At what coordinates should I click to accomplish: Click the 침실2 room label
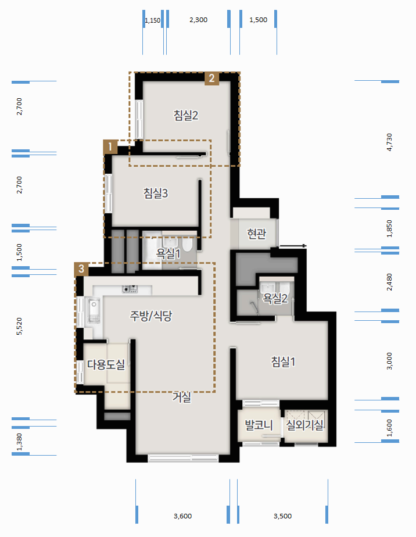click(x=186, y=115)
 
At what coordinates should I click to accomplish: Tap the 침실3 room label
click(x=156, y=193)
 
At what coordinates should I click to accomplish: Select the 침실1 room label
click(x=283, y=361)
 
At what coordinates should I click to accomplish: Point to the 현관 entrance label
click(x=257, y=234)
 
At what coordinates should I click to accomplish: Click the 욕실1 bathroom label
click(x=168, y=253)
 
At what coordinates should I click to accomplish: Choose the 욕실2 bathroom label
click(x=275, y=298)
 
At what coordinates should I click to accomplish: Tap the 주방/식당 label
click(x=150, y=316)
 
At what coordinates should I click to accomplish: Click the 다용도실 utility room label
click(x=106, y=364)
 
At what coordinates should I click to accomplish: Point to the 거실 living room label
click(x=181, y=397)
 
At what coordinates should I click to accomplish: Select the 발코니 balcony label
click(x=259, y=425)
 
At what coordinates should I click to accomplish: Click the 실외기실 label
click(x=304, y=425)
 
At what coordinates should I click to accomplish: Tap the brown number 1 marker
click(x=110, y=147)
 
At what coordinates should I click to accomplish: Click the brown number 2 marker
click(x=211, y=78)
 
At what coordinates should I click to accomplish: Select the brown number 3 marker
click(x=81, y=269)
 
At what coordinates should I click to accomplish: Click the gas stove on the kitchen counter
click(x=131, y=289)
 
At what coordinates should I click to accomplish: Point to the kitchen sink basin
click(x=94, y=310)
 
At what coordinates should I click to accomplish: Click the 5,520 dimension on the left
click(x=19, y=326)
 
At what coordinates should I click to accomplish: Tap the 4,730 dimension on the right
click(x=389, y=142)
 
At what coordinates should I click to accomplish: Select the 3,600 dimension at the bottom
click(x=183, y=516)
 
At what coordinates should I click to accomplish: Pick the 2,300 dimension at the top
click(x=199, y=20)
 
